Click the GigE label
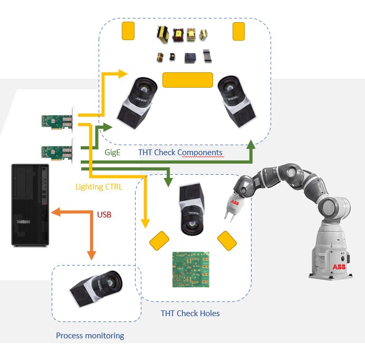coord(112,152)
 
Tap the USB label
coord(104,215)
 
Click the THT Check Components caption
coord(180,153)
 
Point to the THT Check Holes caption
coord(190,313)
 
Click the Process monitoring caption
coord(90,335)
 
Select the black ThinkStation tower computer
coord(30,204)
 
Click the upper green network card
coord(57,121)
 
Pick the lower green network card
coord(57,152)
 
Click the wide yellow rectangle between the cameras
coord(187,80)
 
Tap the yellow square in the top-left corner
coord(128,31)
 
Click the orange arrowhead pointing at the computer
coord(54,213)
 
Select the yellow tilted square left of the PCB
coord(159,242)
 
